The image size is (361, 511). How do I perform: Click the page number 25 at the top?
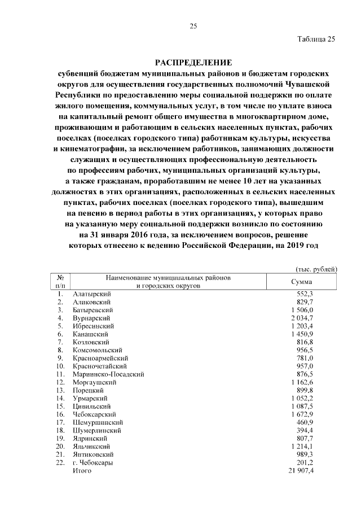[x=193, y=26]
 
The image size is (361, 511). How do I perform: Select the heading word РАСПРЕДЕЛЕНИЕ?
[x=193, y=62]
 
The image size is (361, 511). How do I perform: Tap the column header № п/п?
[x=60, y=282]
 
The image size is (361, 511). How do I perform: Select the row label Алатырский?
[x=92, y=294]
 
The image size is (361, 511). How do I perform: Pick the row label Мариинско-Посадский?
[x=108, y=374]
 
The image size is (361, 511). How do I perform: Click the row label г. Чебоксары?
[x=93, y=462]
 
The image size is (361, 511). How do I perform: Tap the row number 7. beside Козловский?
[x=60, y=342]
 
